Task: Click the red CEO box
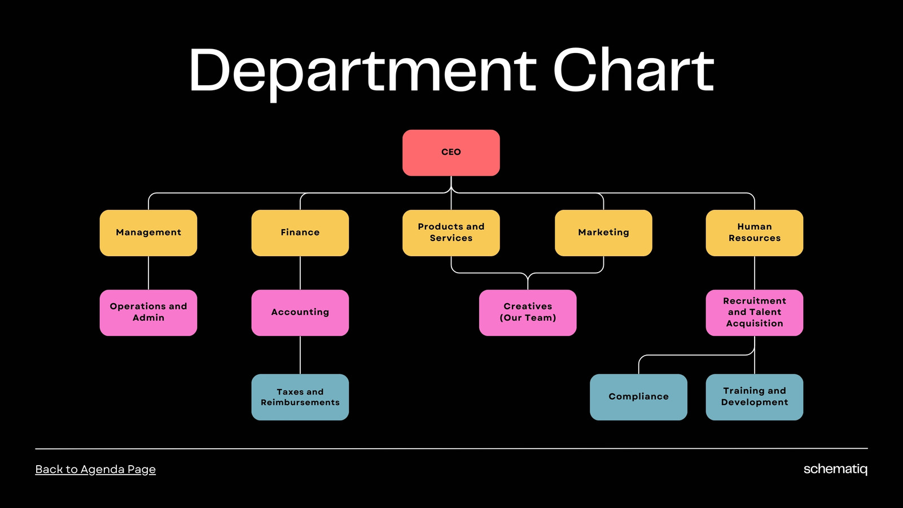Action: (451, 152)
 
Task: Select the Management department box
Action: (148, 233)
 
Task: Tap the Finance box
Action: (300, 233)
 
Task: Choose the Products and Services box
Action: (451, 233)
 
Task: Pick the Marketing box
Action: (603, 233)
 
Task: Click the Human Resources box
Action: (754, 233)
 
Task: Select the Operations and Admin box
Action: (148, 313)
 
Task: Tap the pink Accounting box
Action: (300, 313)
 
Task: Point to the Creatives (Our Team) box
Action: (528, 313)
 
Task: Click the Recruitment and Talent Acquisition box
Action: (754, 313)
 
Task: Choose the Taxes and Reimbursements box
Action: (300, 397)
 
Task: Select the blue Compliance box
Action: (638, 397)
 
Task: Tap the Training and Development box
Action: (754, 397)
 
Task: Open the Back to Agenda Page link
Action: (95, 469)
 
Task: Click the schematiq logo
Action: (835, 469)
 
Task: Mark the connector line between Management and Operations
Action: (148, 273)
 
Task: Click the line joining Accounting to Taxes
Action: (300, 355)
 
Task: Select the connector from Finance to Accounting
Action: (300, 273)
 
